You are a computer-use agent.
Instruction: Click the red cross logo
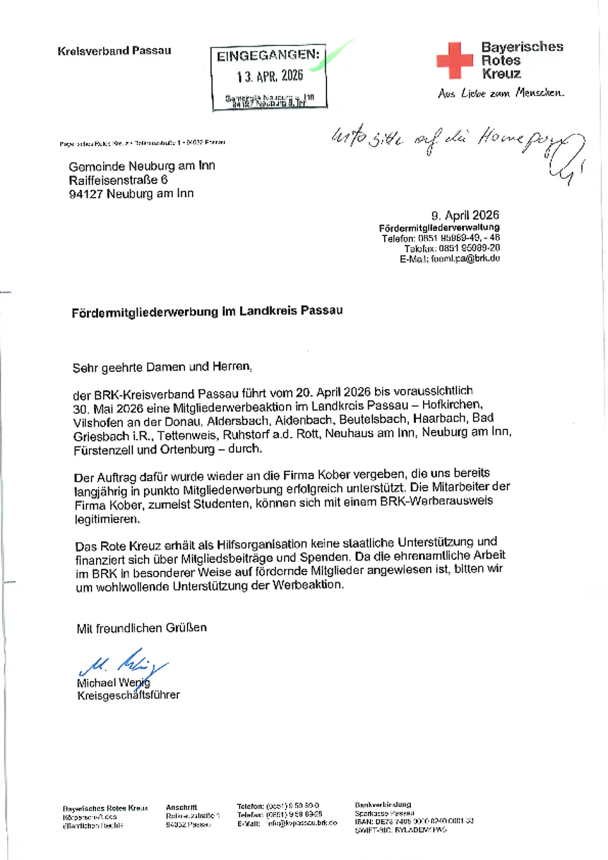454,60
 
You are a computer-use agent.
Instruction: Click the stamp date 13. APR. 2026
269,76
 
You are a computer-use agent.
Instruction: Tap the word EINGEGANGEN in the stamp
268,56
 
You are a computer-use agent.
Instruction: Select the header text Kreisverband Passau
114,51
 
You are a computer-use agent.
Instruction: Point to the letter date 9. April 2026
465,215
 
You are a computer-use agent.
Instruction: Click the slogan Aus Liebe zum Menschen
500,93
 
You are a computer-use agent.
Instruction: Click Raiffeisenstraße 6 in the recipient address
118,180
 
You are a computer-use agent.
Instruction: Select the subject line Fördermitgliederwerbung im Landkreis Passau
207,311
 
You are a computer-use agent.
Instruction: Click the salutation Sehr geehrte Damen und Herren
162,367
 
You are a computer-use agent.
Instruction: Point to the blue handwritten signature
122,662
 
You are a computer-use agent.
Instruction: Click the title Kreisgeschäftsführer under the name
128,695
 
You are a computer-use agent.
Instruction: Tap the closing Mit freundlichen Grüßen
141,628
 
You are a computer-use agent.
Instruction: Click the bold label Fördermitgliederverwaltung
439,227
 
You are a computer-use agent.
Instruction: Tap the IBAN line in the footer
414,821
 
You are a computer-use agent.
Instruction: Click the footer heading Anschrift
182,808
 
